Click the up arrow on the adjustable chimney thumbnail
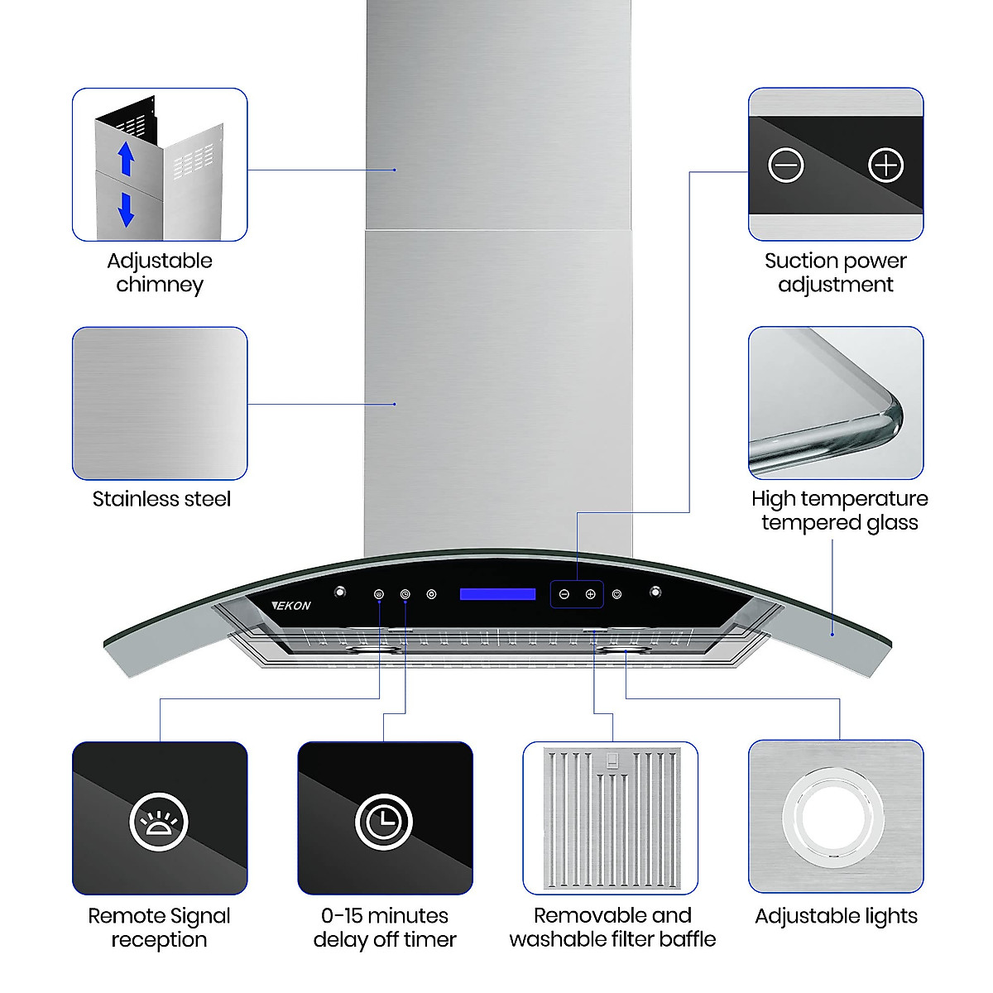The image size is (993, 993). coord(126,159)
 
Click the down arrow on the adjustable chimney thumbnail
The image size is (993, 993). coord(126,209)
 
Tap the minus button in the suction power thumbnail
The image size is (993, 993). coord(785,165)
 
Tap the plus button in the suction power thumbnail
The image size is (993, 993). coord(885,165)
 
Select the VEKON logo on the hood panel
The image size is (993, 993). coord(292,605)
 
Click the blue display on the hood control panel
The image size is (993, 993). coord(498,594)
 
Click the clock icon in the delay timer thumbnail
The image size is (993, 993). coord(385,822)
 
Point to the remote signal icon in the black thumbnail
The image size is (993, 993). coord(159,822)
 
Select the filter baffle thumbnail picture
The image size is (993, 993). coord(610,818)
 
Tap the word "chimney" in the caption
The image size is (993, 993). coord(160,285)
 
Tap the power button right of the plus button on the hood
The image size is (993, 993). coord(616,594)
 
